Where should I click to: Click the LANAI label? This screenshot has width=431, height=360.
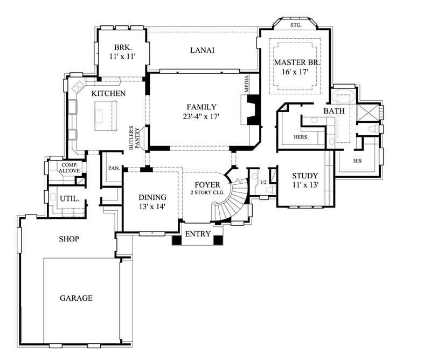pos(202,51)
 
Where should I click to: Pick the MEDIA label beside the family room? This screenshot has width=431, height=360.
pos(248,86)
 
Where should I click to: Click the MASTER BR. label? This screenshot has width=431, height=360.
pos(297,63)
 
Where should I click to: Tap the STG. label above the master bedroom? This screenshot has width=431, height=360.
pos(296,25)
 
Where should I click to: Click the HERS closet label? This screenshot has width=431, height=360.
pos(300,137)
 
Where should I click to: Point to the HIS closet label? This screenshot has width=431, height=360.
pos(357,161)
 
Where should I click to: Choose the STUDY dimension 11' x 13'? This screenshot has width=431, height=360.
pos(304,185)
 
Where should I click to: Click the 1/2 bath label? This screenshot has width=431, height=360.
pos(263,182)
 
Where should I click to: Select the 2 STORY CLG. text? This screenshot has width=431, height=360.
pos(207,192)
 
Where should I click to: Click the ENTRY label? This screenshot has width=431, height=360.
pos(198,234)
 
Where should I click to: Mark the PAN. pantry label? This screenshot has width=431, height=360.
pos(114,168)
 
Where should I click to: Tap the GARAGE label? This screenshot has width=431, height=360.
pos(76,297)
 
